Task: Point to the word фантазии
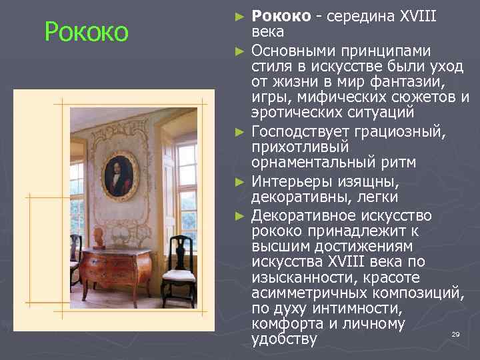pyautogui.click(x=415, y=81)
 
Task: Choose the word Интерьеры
pyautogui.click(x=294, y=182)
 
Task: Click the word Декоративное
pyautogui.click(x=307, y=216)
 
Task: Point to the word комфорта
pyautogui.click(x=285, y=324)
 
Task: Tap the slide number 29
pyautogui.click(x=456, y=334)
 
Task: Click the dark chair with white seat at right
pyautogui.click(x=179, y=268)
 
